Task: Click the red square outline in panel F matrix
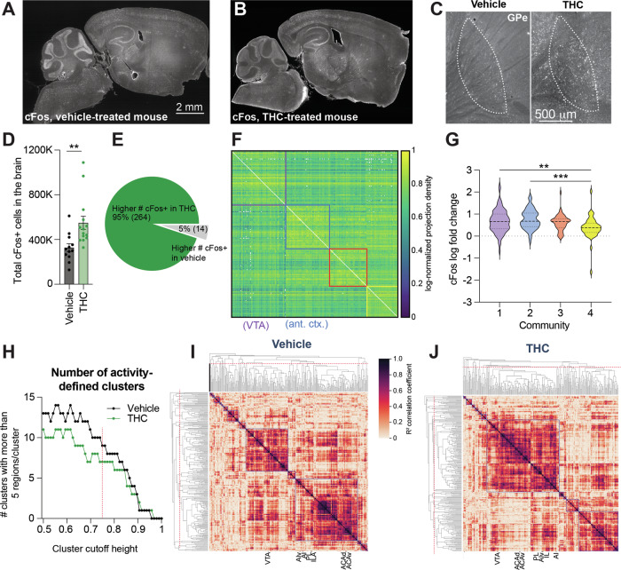pos(348,267)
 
